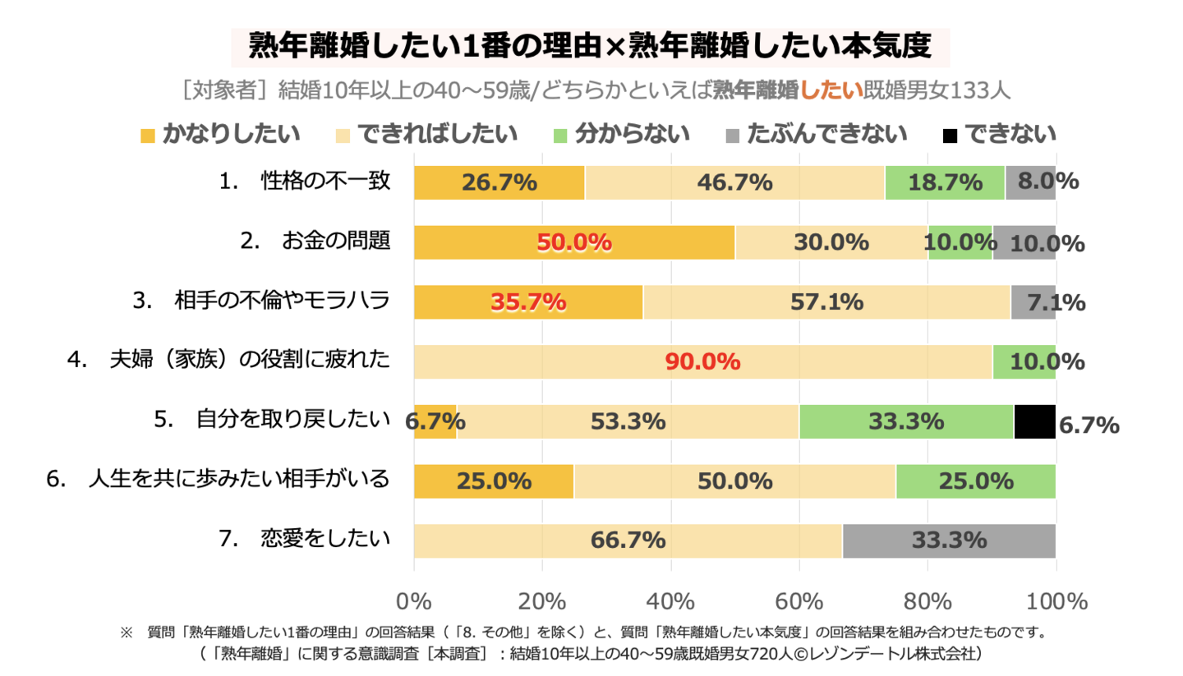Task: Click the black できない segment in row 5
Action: coord(1033,421)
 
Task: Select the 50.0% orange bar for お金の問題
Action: coord(574,242)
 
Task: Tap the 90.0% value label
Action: coord(702,361)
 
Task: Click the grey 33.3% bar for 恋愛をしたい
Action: coord(948,540)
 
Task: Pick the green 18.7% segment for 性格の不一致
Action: coord(944,182)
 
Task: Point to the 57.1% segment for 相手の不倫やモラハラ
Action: coord(826,302)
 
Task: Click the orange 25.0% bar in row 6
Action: coord(494,481)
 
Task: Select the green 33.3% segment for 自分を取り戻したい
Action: coord(906,421)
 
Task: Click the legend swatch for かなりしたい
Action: coord(149,135)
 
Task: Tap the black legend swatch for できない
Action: coord(950,135)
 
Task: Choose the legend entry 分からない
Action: coord(632,134)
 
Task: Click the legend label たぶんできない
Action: coord(826,134)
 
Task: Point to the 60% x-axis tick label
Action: coord(799,601)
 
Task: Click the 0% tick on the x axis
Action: coord(414,601)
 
